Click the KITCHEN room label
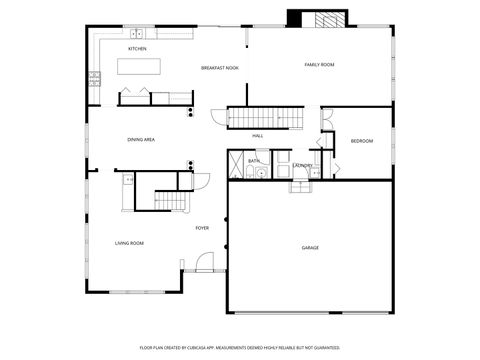click(138, 48)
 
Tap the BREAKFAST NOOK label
click(219, 68)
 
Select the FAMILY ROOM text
click(319, 64)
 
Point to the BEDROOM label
click(361, 141)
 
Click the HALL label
click(257, 135)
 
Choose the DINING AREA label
click(140, 139)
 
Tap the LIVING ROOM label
click(129, 243)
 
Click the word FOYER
click(202, 228)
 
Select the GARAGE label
click(310, 247)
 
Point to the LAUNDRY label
click(302, 165)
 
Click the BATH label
click(253, 160)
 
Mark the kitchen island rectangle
click(140, 67)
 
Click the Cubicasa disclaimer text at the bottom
click(240, 347)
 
